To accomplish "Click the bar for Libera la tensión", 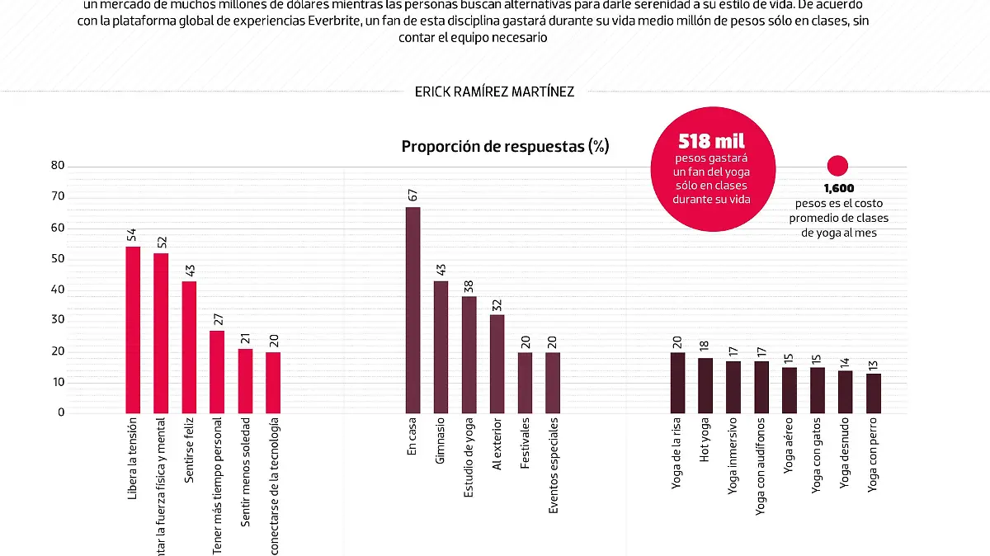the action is coord(133,330).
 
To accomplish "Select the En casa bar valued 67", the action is coord(413,310).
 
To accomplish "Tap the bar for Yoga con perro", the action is coord(874,393).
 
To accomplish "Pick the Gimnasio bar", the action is coord(441,346).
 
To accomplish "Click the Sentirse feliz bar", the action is coord(189,346).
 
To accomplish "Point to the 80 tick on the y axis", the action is coord(57,165).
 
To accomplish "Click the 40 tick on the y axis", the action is coord(57,290).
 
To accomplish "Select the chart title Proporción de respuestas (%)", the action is coord(505,146).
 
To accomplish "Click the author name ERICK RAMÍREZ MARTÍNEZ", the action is coord(494,92).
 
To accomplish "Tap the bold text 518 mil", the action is coord(710,142).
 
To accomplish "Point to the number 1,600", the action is coord(838,189).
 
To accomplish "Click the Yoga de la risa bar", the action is coord(677,382).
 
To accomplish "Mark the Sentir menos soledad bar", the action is coord(245,380).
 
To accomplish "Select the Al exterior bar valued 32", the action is coord(497,363).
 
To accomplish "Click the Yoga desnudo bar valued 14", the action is coord(846,391).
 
